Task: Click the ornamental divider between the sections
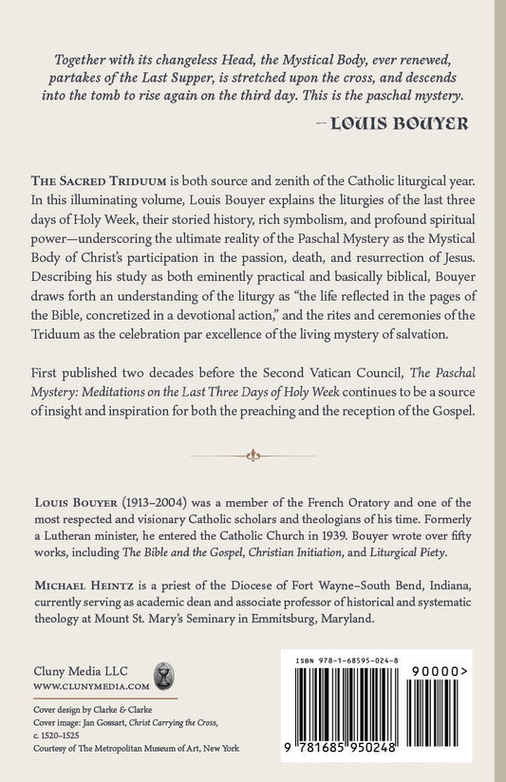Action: pyautogui.click(x=253, y=456)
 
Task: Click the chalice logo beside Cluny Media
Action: pyautogui.click(x=164, y=676)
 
